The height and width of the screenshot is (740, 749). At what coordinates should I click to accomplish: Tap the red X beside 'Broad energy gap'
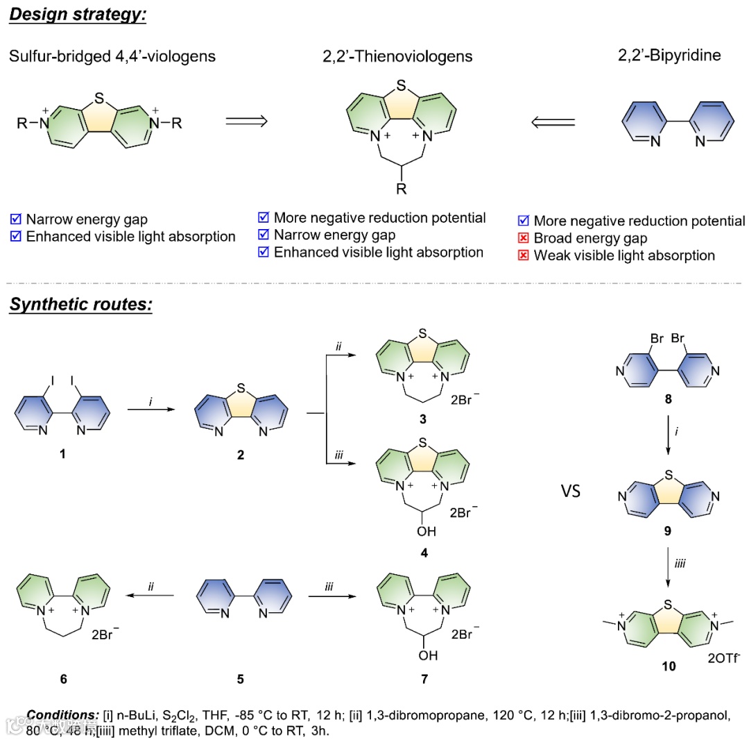[524, 239]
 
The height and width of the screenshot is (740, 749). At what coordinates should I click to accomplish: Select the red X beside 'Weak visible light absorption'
[524, 255]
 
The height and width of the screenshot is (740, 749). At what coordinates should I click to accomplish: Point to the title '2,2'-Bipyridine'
[669, 56]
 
